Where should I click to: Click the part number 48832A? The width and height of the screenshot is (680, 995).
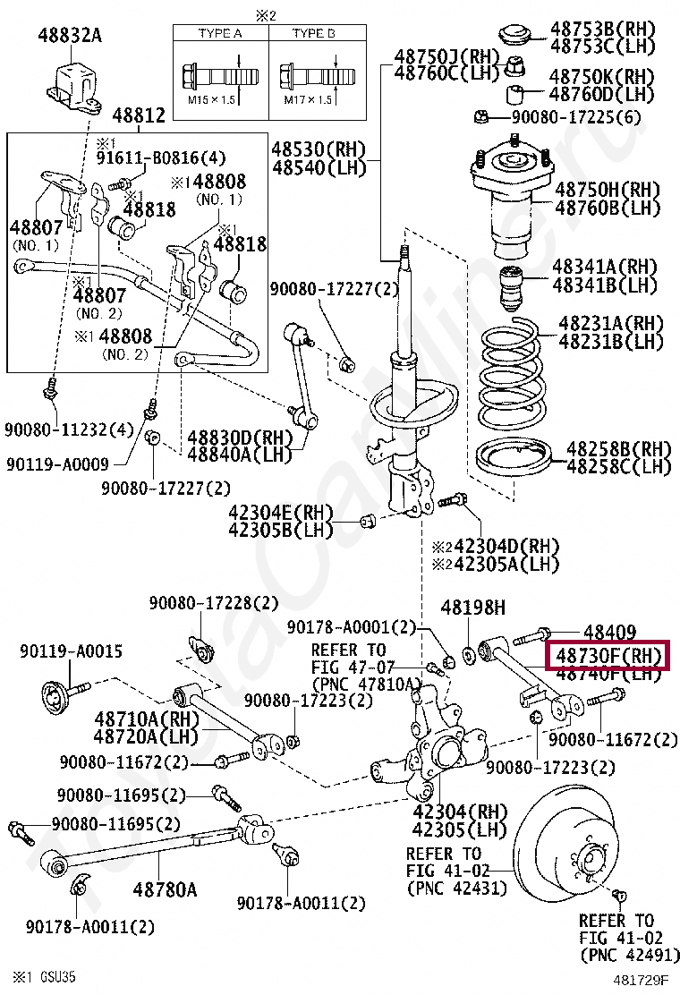point(70,36)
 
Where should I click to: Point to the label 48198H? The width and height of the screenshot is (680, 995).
point(472,608)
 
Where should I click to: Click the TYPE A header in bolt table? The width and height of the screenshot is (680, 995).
point(211,33)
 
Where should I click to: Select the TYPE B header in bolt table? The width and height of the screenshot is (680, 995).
point(312,33)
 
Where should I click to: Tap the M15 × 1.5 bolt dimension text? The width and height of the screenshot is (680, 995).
point(210,100)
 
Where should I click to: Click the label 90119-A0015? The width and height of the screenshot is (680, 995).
point(71,651)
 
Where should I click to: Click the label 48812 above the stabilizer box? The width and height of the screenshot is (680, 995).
point(139,115)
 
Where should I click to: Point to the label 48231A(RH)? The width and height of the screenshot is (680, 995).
point(612,324)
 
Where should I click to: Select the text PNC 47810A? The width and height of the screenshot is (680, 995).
point(361,684)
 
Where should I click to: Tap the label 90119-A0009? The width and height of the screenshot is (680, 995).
point(56,464)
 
